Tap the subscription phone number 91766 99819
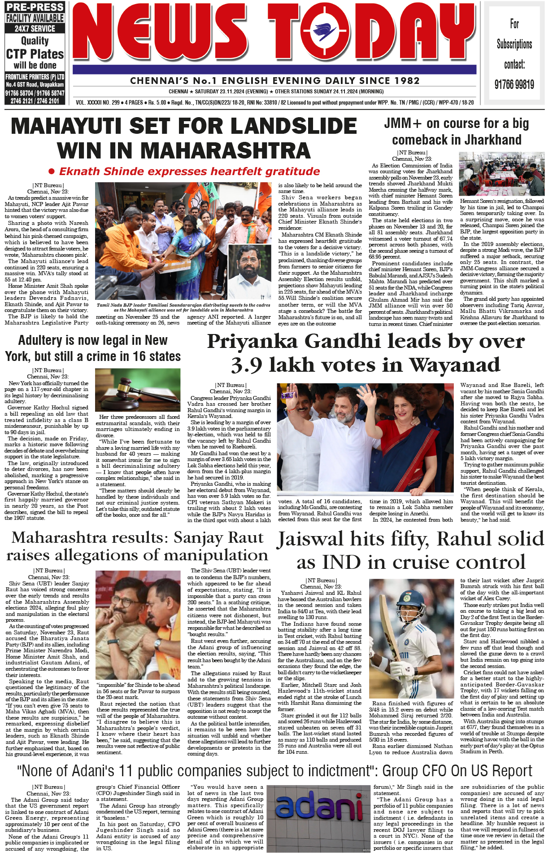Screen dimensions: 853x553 tap(514, 84)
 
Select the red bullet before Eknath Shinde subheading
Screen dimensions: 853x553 tap(52, 171)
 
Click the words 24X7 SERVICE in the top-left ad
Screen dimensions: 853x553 tap(35, 28)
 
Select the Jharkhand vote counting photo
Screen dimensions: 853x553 tap(501, 173)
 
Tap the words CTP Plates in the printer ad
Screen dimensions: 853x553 tap(35, 54)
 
